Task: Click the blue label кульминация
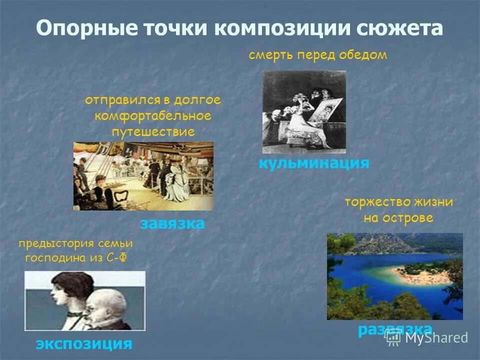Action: [313, 163]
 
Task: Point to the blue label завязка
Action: [172, 223]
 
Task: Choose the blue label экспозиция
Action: [83, 343]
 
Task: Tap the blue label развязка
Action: [395, 329]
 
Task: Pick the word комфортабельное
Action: [152, 116]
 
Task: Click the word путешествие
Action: [152, 132]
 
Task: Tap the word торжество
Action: [376, 202]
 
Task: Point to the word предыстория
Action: [56, 243]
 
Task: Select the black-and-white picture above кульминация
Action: [304, 111]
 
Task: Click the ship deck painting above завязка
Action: [143, 176]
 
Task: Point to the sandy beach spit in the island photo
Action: [415, 272]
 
